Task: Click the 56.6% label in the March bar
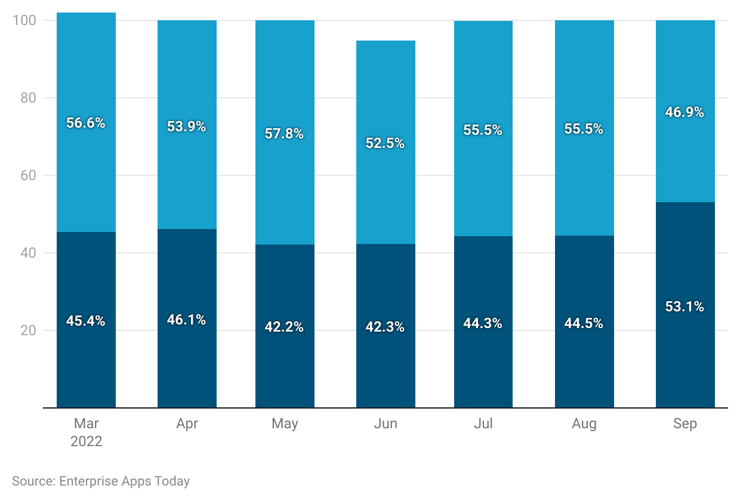[86, 123]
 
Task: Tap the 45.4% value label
[86, 321]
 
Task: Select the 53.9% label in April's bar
[187, 126]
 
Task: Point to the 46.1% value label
[187, 320]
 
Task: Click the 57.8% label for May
[285, 134]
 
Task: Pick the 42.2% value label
[285, 327]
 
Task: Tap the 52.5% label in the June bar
[386, 143]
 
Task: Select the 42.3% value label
[386, 327]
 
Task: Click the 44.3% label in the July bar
[483, 323]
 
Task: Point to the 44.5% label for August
[584, 323]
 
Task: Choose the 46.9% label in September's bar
[684, 112]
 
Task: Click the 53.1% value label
[684, 307]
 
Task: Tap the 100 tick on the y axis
[24, 20]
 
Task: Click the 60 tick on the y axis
[28, 175]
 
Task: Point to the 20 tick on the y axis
[28, 330]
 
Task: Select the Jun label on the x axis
[386, 423]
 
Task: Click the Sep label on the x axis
[684, 423]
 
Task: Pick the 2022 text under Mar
[86, 442]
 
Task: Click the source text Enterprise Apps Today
[101, 481]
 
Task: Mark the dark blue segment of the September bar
[684, 358]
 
